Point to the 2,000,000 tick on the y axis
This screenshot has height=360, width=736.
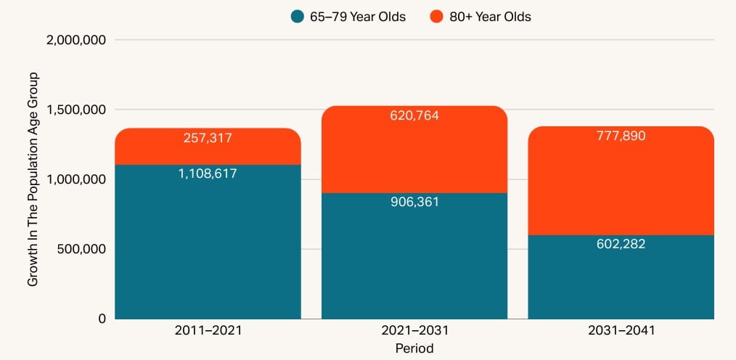pos(76,40)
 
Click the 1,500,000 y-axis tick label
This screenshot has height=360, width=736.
pos(76,110)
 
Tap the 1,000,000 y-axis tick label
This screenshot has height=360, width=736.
pos(76,179)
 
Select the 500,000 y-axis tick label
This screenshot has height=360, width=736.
pos(82,249)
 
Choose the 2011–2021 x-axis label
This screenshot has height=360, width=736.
pos(208,330)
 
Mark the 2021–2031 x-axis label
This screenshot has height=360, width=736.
pos(414,330)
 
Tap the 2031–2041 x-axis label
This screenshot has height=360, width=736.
pos(621,330)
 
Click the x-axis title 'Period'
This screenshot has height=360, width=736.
pos(414,348)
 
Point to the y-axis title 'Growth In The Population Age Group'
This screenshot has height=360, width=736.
pos(33,179)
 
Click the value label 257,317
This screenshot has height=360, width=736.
pos(208,138)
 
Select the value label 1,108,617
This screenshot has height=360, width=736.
pos(208,173)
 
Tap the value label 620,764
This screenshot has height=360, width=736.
pos(414,115)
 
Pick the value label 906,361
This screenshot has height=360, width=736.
pos(414,202)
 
